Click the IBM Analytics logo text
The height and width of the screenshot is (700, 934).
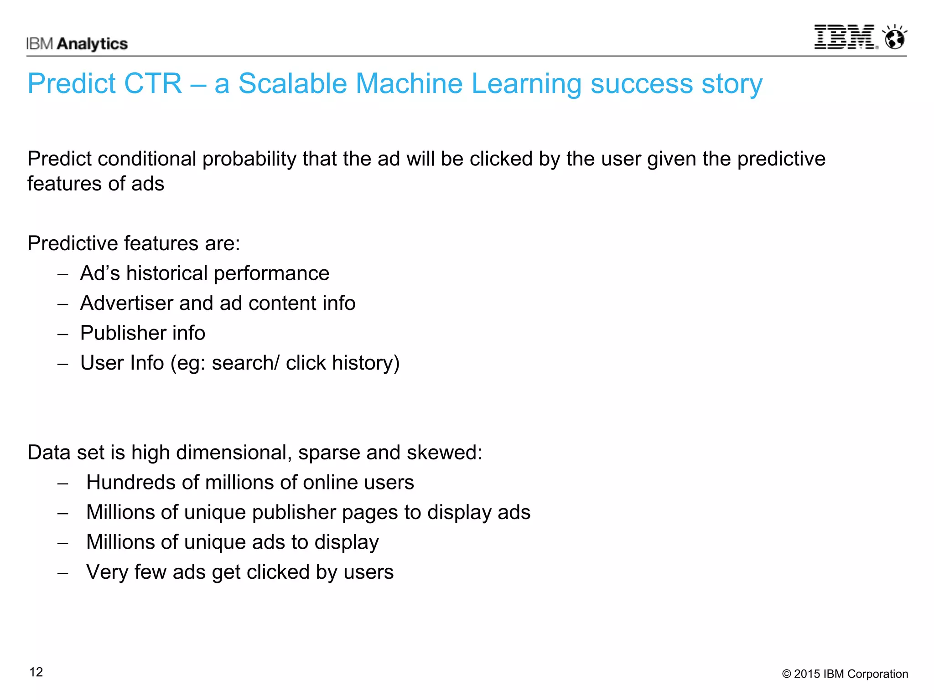tap(77, 44)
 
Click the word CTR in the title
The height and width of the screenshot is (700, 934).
tap(153, 84)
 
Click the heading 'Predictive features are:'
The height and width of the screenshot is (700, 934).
tap(134, 243)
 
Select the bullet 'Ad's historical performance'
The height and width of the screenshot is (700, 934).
tap(204, 273)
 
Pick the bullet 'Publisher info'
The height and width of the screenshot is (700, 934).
tap(142, 333)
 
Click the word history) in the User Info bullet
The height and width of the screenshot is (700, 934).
tap(366, 363)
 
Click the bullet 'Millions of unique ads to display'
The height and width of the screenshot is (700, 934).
tap(232, 542)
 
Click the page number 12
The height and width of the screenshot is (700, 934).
tap(36, 672)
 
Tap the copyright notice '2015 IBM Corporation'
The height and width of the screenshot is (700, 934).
tap(845, 674)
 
